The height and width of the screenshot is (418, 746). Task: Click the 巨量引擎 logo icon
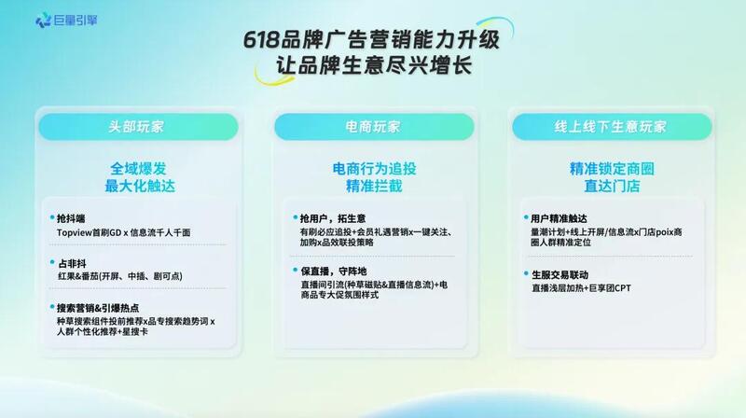43,20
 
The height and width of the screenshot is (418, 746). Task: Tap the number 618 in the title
261,39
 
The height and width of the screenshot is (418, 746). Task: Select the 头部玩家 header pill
138,127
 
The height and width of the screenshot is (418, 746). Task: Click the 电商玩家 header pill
374,127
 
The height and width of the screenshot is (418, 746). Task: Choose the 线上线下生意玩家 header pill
612,127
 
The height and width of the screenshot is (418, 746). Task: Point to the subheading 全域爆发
138,169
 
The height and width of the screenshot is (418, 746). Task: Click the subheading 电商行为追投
374,169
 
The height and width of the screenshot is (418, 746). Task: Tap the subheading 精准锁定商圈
612,169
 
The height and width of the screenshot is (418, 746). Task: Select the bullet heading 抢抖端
71,218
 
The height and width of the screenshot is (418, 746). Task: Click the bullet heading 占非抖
72,263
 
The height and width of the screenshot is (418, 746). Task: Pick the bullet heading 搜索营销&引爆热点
98,308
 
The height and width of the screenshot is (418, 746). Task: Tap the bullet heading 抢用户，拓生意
333,218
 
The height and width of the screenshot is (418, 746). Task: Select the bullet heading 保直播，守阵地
334,272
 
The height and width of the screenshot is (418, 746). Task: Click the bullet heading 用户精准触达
559,218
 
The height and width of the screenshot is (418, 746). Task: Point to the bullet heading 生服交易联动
560,274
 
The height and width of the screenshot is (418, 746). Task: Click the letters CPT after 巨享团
622,288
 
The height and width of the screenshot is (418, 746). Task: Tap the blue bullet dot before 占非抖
52,262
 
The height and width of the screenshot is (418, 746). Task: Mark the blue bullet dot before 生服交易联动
526,273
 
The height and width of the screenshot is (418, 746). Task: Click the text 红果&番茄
78,276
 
